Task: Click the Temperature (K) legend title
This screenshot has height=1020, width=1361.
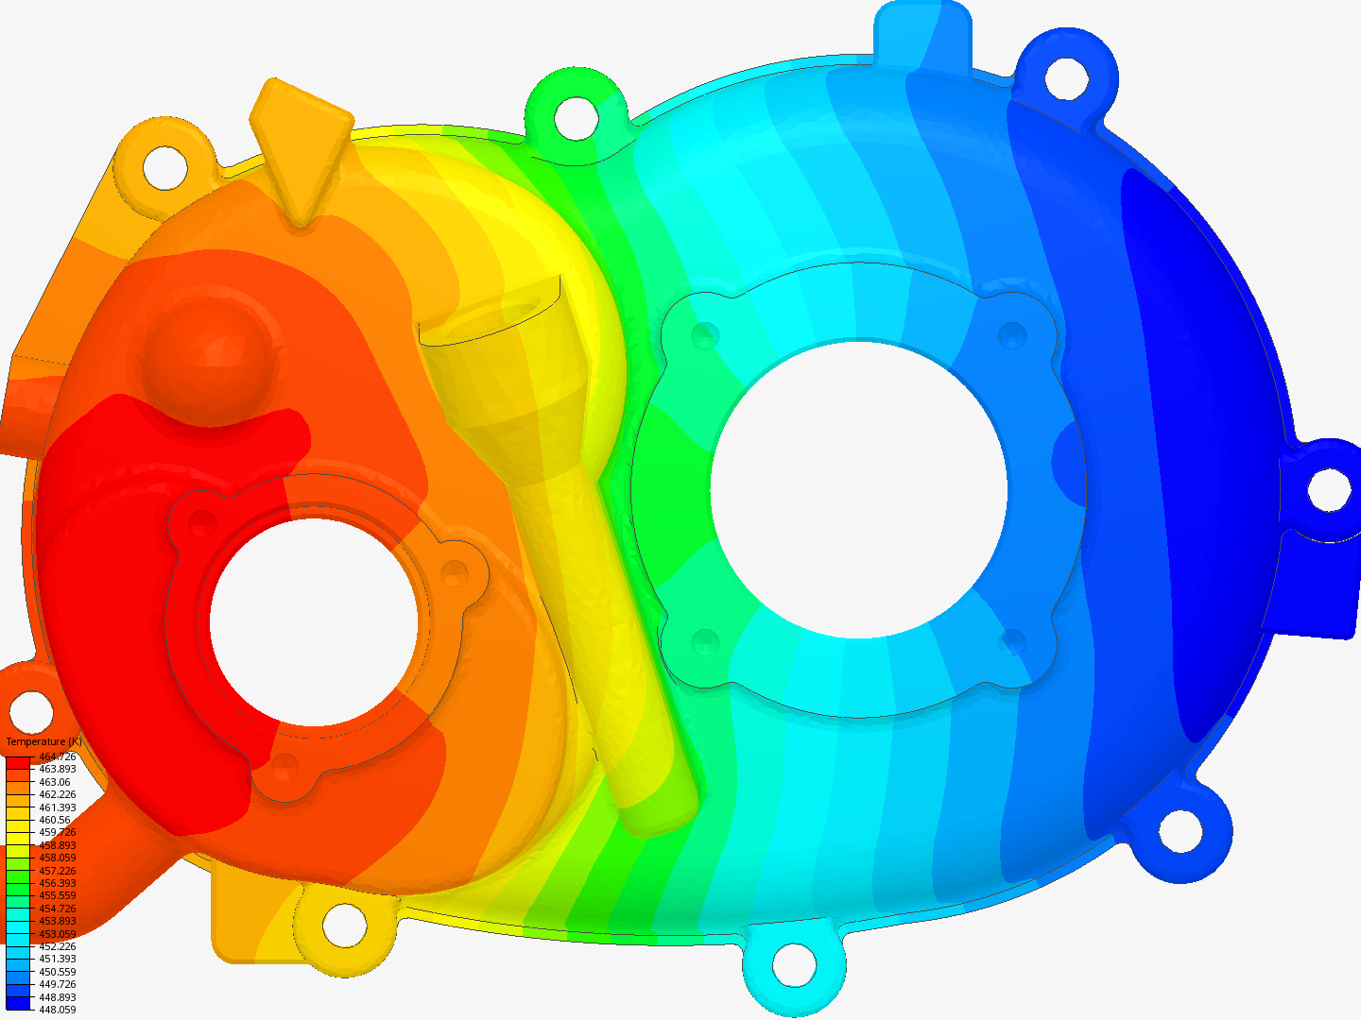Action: tap(43, 742)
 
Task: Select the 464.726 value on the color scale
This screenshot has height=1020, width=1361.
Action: tap(57, 756)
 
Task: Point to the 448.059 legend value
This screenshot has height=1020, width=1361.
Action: tap(57, 1010)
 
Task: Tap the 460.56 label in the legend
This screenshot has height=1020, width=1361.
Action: tap(54, 820)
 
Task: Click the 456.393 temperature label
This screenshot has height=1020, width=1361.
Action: tap(57, 883)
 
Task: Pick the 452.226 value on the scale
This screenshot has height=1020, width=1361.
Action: tap(57, 946)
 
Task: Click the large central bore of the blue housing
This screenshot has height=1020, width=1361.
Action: tap(858, 490)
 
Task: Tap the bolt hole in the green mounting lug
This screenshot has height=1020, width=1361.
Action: tap(576, 117)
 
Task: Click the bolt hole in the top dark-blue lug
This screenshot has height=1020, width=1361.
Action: tap(1067, 76)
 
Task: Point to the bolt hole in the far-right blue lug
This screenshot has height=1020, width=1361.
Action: tap(1328, 489)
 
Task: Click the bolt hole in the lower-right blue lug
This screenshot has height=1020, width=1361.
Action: tap(1180, 830)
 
